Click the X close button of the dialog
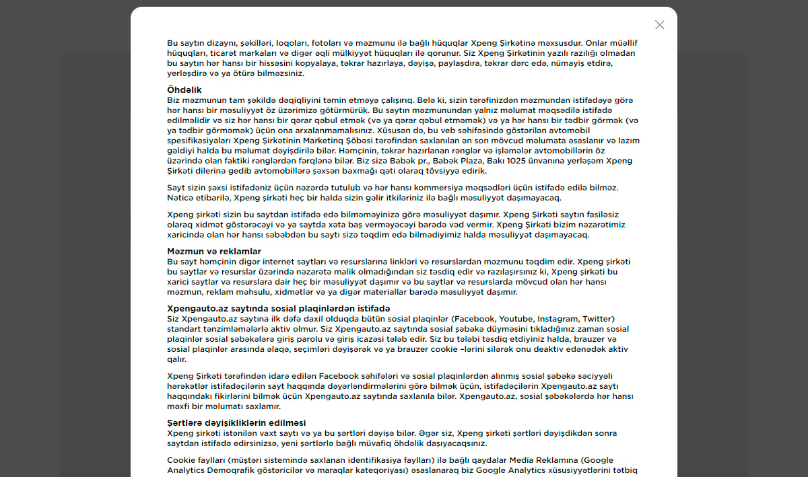[659, 25]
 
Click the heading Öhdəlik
[184, 89]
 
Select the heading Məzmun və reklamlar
[214, 251]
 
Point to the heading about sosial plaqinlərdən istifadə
[279, 308]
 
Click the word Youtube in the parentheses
[515, 318]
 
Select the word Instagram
[558, 318]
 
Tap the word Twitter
[598, 318]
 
